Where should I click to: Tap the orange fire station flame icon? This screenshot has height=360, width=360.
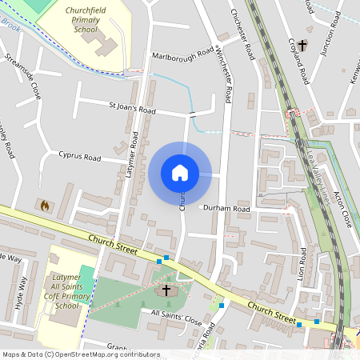[45, 206]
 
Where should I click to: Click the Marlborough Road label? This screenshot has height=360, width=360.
[182, 54]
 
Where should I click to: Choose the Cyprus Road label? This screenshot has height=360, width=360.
[79, 156]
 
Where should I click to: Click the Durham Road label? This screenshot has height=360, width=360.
[226, 209]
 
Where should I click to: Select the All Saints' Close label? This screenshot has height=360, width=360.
[176, 318]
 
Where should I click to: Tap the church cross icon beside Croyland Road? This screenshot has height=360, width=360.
[302, 45]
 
